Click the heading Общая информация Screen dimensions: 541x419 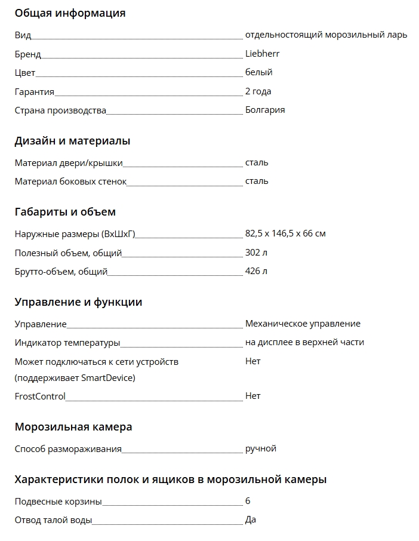[x=70, y=13]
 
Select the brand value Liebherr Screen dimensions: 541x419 [x=262, y=54]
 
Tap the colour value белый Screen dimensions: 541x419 [x=258, y=72]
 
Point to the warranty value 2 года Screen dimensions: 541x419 [x=258, y=91]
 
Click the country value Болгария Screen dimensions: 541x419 [x=264, y=110]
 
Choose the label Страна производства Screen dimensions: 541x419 [x=60, y=110]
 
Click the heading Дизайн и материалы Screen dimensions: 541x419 [x=72, y=142]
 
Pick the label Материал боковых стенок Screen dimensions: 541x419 [x=70, y=182]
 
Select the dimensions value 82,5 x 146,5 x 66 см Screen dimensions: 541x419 [x=285, y=233]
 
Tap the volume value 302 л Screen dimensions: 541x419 [x=256, y=253]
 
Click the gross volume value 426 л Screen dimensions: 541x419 [x=256, y=272]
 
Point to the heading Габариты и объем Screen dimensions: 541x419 [x=65, y=212]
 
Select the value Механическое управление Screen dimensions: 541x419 [x=303, y=324]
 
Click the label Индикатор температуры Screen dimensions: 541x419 [x=67, y=343]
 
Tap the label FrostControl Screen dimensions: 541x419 [x=40, y=396]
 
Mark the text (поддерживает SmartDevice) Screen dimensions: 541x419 [x=75, y=378]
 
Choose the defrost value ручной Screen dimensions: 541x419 [x=260, y=448]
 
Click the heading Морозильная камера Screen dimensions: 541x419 [x=73, y=427]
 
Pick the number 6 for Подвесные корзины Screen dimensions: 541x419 [x=248, y=501]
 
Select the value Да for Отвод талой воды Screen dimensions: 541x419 [x=251, y=520]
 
